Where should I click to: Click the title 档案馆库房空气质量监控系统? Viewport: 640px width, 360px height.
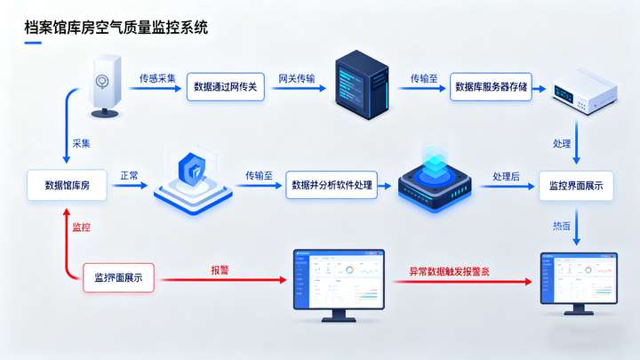[116, 28]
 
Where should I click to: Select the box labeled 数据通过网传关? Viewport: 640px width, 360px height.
[225, 87]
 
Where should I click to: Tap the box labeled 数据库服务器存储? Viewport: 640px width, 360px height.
[491, 87]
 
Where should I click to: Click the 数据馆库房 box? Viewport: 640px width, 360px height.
[67, 185]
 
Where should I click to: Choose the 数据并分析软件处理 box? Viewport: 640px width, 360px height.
[331, 185]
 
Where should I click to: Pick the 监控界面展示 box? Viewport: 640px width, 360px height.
[576, 186]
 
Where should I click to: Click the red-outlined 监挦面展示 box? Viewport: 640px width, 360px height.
[118, 278]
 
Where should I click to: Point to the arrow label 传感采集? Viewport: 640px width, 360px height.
[157, 78]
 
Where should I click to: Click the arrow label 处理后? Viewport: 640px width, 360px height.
[506, 177]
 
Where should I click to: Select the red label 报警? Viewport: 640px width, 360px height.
[220, 269]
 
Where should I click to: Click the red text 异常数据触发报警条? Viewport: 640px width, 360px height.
[449, 270]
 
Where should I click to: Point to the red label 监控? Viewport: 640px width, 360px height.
[81, 228]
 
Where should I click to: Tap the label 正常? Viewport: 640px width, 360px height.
[129, 176]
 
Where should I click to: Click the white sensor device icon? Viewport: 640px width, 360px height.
[106, 84]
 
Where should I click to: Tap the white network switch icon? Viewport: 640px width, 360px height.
[580, 90]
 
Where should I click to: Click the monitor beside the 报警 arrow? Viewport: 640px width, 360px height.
[339, 283]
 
